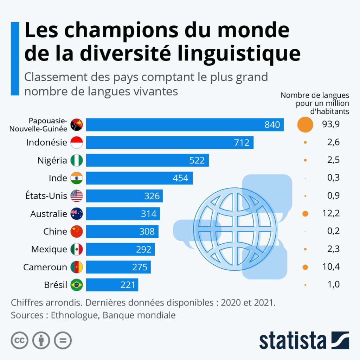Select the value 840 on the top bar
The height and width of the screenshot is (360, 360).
pyautogui.click(x=272, y=124)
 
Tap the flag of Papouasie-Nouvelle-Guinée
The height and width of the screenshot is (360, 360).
pyautogui.click(x=77, y=124)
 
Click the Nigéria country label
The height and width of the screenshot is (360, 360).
pyautogui.click(x=52, y=160)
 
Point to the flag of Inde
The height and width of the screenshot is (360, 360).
pyautogui.click(x=77, y=178)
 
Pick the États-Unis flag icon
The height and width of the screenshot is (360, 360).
pyautogui.click(x=77, y=196)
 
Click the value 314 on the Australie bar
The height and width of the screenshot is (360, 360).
pyautogui.click(x=149, y=214)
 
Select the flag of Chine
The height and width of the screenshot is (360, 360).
pyautogui.click(x=77, y=231)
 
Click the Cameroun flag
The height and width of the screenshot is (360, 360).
pyautogui.click(x=77, y=267)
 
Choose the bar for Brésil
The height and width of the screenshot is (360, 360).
pyautogui.click(x=112, y=285)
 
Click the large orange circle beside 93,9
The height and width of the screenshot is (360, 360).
pyautogui.click(x=305, y=124)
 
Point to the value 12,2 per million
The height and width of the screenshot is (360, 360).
pyautogui.click(x=330, y=214)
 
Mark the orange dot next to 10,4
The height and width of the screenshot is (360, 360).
pyautogui.click(x=305, y=267)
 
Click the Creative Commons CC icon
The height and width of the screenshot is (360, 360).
pyautogui.click(x=20, y=340)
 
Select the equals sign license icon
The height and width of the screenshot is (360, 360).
pyautogui.click(x=63, y=340)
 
